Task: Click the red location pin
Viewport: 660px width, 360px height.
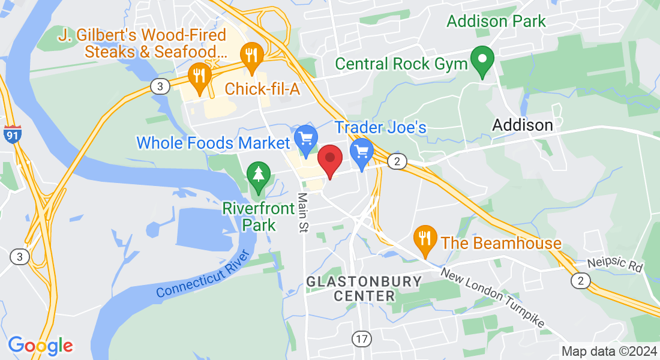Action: (x=329, y=159)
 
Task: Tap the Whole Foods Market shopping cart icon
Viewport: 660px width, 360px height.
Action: (x=307, y=139)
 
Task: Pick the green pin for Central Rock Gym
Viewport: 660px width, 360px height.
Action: (x=482, y=60)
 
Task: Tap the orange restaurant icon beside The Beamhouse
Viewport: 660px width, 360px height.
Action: (x=425, y=238)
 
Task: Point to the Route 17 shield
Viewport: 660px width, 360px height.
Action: (x=361, y=339)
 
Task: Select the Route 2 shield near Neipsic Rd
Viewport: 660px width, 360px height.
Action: (x=580, y=280)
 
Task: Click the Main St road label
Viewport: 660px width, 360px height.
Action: (x=302, y=212)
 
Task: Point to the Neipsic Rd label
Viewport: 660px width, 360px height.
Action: (x=615, y=264)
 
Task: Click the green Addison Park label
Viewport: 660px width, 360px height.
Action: (x=496, y=22)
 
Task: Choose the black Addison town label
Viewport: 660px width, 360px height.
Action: (x=523, y=125)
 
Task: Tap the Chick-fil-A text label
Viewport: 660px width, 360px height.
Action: (x=262, y=89)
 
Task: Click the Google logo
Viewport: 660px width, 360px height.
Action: (x=40, y=346)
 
